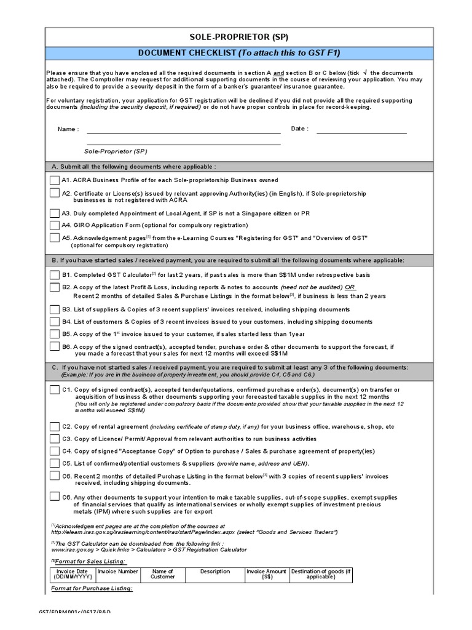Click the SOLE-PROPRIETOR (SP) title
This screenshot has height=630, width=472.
(x=236, y=38)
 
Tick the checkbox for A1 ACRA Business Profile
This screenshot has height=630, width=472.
(x=55, y=180)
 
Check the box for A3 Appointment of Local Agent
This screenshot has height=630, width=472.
(x=55, y=212)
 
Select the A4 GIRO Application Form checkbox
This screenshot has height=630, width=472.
(x=55, y=225)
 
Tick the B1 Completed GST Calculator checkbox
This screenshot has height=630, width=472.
(x=55, y=274)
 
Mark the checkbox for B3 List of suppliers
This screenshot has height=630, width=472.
(x=55, y=309)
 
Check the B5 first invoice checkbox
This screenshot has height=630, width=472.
(x=55, y=334)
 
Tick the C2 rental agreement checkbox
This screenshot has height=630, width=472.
(x=55, y=426)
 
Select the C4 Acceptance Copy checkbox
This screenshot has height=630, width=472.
(x=55, y=451)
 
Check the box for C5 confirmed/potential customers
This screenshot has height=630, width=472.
(x=55, y=463)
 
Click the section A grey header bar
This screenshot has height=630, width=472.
(x=236, y=167)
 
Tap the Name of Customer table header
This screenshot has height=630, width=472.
(x=163, y=574)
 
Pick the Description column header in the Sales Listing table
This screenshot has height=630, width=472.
(x=215, y=572)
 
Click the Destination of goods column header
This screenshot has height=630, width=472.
(x=321, y=574)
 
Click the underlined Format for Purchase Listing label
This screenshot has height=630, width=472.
(x=92, y=589)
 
